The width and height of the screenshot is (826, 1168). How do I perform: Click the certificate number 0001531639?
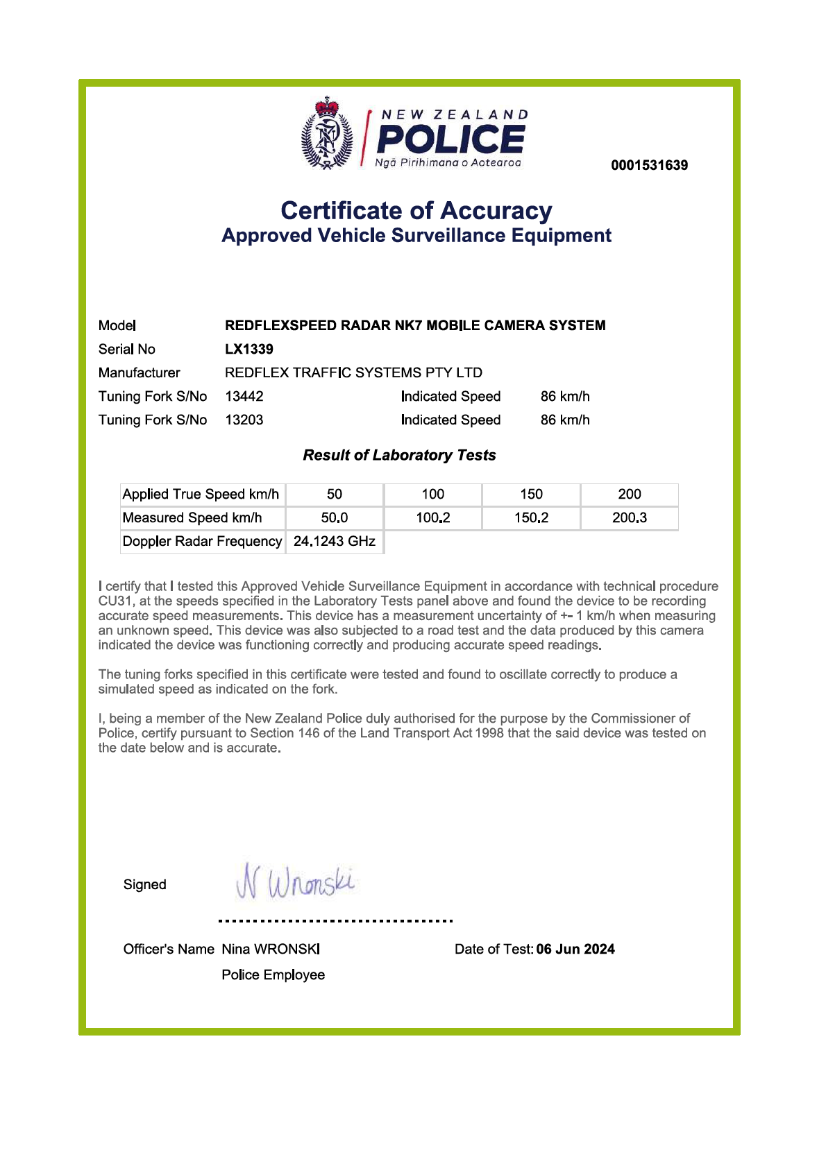pyautogui.click(x=649, y=165)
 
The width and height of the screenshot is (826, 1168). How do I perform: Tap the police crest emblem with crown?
pyautogui.click(x=327, y=135)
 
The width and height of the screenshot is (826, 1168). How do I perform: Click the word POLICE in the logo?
pyautogui.click(x=450, y=139)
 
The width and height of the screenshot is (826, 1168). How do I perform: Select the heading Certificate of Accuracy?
pyautogui.click(x=416, y=210)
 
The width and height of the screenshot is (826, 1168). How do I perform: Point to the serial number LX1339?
pyautogui.click(x=249, y=349)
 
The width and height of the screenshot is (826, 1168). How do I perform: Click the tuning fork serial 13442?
pyautogui.click(x=244, y=396)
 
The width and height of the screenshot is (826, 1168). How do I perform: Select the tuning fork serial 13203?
pyautogui.click(x=244, y=420)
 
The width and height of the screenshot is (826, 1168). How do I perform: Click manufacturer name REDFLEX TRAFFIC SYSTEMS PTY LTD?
pyautogui.click(x=353, y=372)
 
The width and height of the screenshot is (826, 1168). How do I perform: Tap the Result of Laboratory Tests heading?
pyautogui.click(x=399, y=455)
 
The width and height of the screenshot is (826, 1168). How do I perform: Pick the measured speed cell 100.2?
pyautogui.click(x=433, y=517)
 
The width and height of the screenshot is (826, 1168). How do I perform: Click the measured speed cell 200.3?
pyautogui.click(x=630, y=517)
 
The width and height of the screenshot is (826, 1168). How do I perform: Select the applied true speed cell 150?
pyautogui.click(x=531, y=494)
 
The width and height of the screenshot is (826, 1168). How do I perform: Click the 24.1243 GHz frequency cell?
pyautogui.click(x=335, y=541)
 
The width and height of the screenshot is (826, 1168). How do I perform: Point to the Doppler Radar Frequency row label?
pyautogui.click(x=202, y=541)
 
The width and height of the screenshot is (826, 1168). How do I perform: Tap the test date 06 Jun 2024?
pyautogui.click(x=575, y=949)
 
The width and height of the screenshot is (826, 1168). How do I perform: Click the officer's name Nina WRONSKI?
pyautogui.click(x=271, y=949)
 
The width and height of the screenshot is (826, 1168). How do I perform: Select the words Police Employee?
pyautogui.click(x=273, y=974)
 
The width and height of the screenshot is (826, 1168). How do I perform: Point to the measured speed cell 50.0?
pyautogui.click(x=335, y=517)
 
